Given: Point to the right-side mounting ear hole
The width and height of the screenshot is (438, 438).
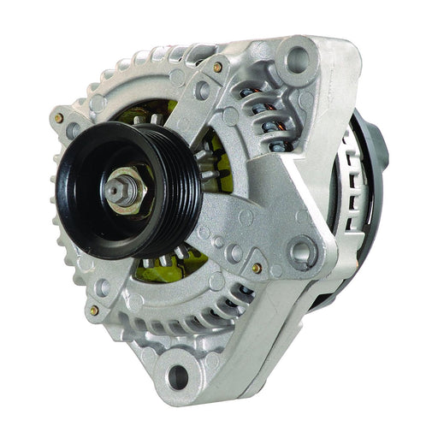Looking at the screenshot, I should coord(300,252).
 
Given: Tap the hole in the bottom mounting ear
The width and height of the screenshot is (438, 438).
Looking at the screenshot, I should coord(177,374).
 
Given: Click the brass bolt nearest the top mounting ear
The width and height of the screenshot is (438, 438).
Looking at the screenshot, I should coord(217,67).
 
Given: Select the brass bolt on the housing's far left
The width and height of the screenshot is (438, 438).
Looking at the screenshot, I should coord(58,118).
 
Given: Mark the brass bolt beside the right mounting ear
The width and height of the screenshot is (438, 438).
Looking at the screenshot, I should coord(256,269).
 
